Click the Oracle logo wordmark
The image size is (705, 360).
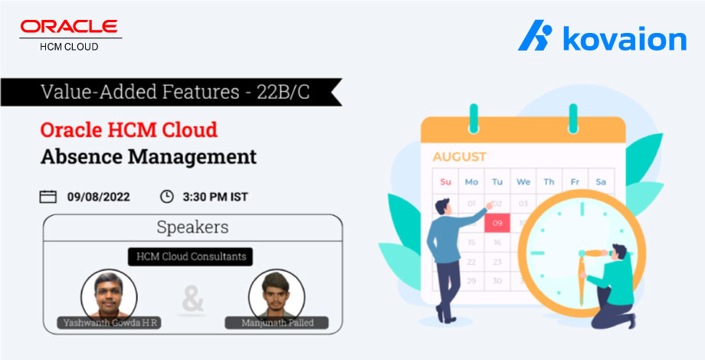(x=70, y=28)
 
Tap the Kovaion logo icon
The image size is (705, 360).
(x=534, y=37)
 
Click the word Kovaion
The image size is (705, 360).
(x=624, y=38)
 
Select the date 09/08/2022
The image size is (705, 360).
(x=98, y=197)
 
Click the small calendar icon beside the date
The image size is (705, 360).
(x=48, y=197)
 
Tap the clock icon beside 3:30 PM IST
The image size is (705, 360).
(x=166, y=197)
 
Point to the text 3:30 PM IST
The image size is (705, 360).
(x=215, y=197)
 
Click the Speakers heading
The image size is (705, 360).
(x=192, y=227)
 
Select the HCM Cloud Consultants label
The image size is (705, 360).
(x=192, y=257)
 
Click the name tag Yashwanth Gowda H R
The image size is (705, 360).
(x=107, y=322)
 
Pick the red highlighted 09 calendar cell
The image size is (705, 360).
(x=497, y=224)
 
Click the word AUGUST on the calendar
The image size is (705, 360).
(x=459, y=157)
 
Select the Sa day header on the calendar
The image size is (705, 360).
(x=601, y=182)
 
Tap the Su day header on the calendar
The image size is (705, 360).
(x=445, y=182)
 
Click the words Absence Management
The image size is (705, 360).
(x=148, y=157)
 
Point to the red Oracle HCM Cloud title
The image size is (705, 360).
(x=129, y=129)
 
